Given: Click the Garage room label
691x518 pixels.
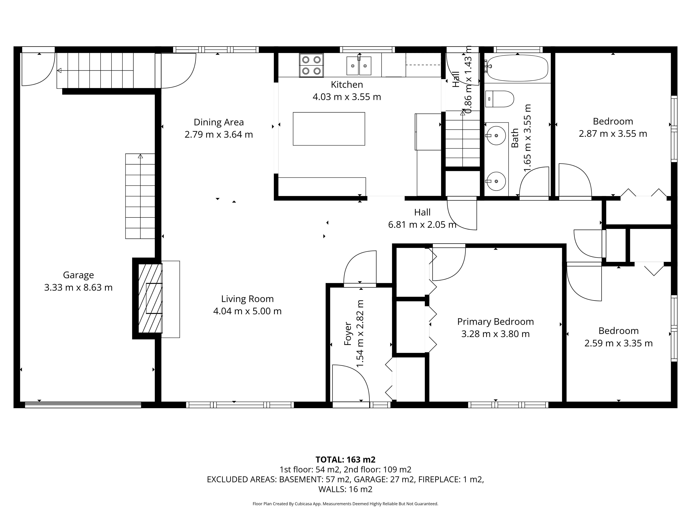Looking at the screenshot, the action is click(78, 275).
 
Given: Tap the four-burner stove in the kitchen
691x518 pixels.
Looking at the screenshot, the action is click(311, 65).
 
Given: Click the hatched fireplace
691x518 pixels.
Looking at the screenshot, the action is click(150, 298).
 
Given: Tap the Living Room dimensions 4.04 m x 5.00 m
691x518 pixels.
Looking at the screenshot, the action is click(247, 311).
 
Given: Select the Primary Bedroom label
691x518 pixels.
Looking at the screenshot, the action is click(495, 322).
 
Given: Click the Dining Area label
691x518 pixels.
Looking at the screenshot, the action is click(219, 122).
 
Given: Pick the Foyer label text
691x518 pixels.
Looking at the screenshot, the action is click(348, 333).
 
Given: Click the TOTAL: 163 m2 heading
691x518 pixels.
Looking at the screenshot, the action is click(345, 460).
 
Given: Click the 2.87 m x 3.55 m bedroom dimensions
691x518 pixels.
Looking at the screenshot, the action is click(613, 134).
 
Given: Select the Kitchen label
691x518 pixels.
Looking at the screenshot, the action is click(347, 85).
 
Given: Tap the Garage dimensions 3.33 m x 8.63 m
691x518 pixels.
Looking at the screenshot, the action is click(78, 287).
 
